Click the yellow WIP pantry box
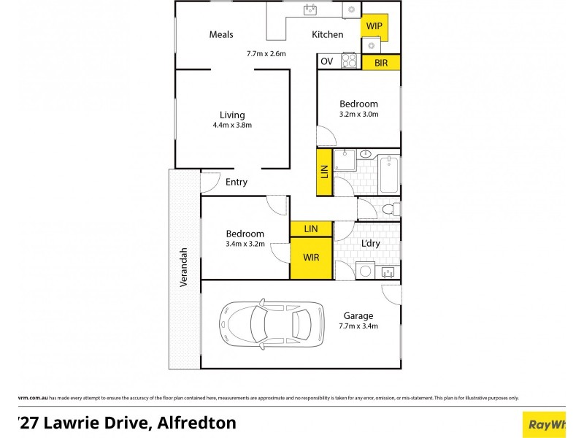(374, 26)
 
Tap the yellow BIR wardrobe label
(381, 63)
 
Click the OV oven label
(326, 61)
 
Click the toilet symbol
(391, 210)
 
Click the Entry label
(237, 182)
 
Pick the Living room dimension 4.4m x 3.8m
(232, 125)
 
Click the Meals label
(221, 34)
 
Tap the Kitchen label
(328, 34)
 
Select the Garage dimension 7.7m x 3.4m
(358, 326)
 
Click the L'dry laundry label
(371, 243)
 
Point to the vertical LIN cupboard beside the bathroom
(325, 172)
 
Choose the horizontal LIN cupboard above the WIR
(312, 229)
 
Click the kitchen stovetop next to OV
(349, 61)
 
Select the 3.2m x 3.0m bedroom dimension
(358, 114)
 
